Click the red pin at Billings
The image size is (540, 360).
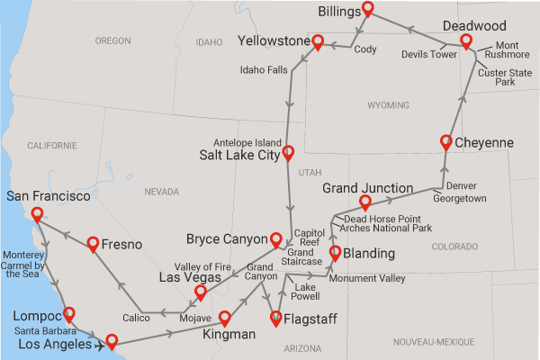point(367,10)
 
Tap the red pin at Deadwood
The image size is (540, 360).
point(465,42)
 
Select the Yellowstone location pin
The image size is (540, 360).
point(318,41)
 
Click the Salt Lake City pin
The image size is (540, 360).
point(288,152)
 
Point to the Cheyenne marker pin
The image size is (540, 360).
point(446,141)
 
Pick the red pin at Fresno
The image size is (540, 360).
point(93,243)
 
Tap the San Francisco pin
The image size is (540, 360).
point(37,214)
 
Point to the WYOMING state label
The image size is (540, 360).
point(388,105)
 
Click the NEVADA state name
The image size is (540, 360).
point(163,192)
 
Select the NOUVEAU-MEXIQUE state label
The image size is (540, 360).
point(434,342)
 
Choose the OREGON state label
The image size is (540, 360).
point(112,40)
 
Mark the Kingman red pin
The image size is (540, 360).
point(225,318)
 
